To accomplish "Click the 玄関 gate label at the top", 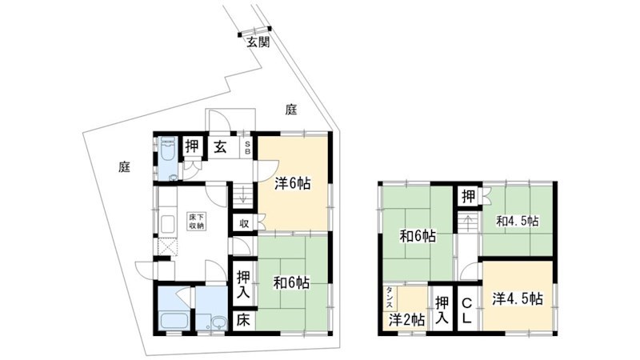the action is pos(258,42).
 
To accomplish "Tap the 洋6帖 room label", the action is pos(293,184).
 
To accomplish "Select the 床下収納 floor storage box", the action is pos(197,221).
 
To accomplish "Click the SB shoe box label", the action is pos(247,147).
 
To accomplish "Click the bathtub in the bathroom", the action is pos(174,319).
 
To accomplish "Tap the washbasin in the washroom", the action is pos(219,322).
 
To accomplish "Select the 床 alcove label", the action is pos(243,320).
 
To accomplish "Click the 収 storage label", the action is pos(244,224).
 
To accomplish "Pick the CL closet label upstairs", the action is pos(467,310).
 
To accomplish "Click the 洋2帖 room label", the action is pos(406,319).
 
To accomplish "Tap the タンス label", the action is pos(390,298).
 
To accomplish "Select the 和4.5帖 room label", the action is pos(517,222).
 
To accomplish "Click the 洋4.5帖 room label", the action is pos(518,299).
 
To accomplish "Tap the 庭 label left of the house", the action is pos(125,166).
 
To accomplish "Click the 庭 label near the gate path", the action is pos(291,110).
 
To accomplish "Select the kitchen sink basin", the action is pos(168,224).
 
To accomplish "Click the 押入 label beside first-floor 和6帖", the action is pos(244,285).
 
